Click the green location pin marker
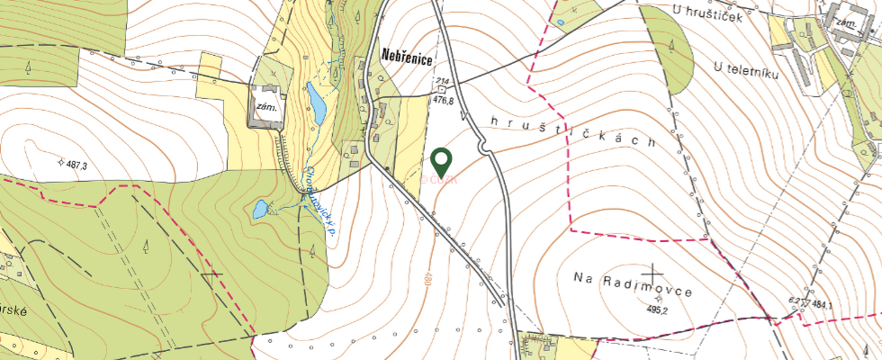click(441, 162)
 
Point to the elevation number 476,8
click(444, 101)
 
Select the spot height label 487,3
click(75, 166)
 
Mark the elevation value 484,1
click(821, 305)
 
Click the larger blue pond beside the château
click(316, 103)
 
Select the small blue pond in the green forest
click(259, 210)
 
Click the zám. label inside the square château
click(266, 104)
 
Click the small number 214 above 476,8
click(442, 82)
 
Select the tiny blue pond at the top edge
click(560, 22)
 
